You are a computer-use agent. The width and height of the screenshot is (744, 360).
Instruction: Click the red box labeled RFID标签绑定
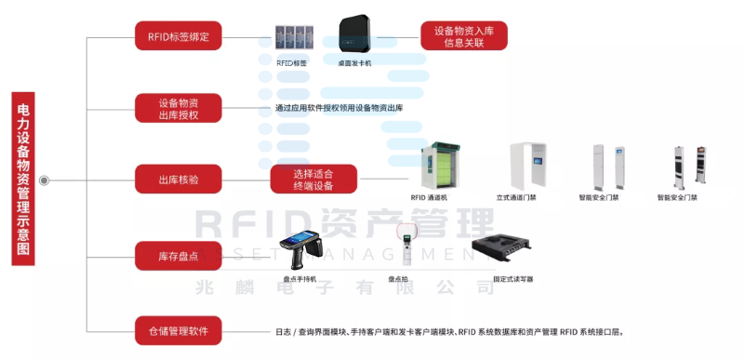[179, 37]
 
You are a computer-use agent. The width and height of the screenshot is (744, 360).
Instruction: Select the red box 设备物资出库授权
[179, 108]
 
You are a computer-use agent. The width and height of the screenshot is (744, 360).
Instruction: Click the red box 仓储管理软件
[179, 329]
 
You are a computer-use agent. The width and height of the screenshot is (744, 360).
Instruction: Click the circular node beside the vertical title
[44, 180]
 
